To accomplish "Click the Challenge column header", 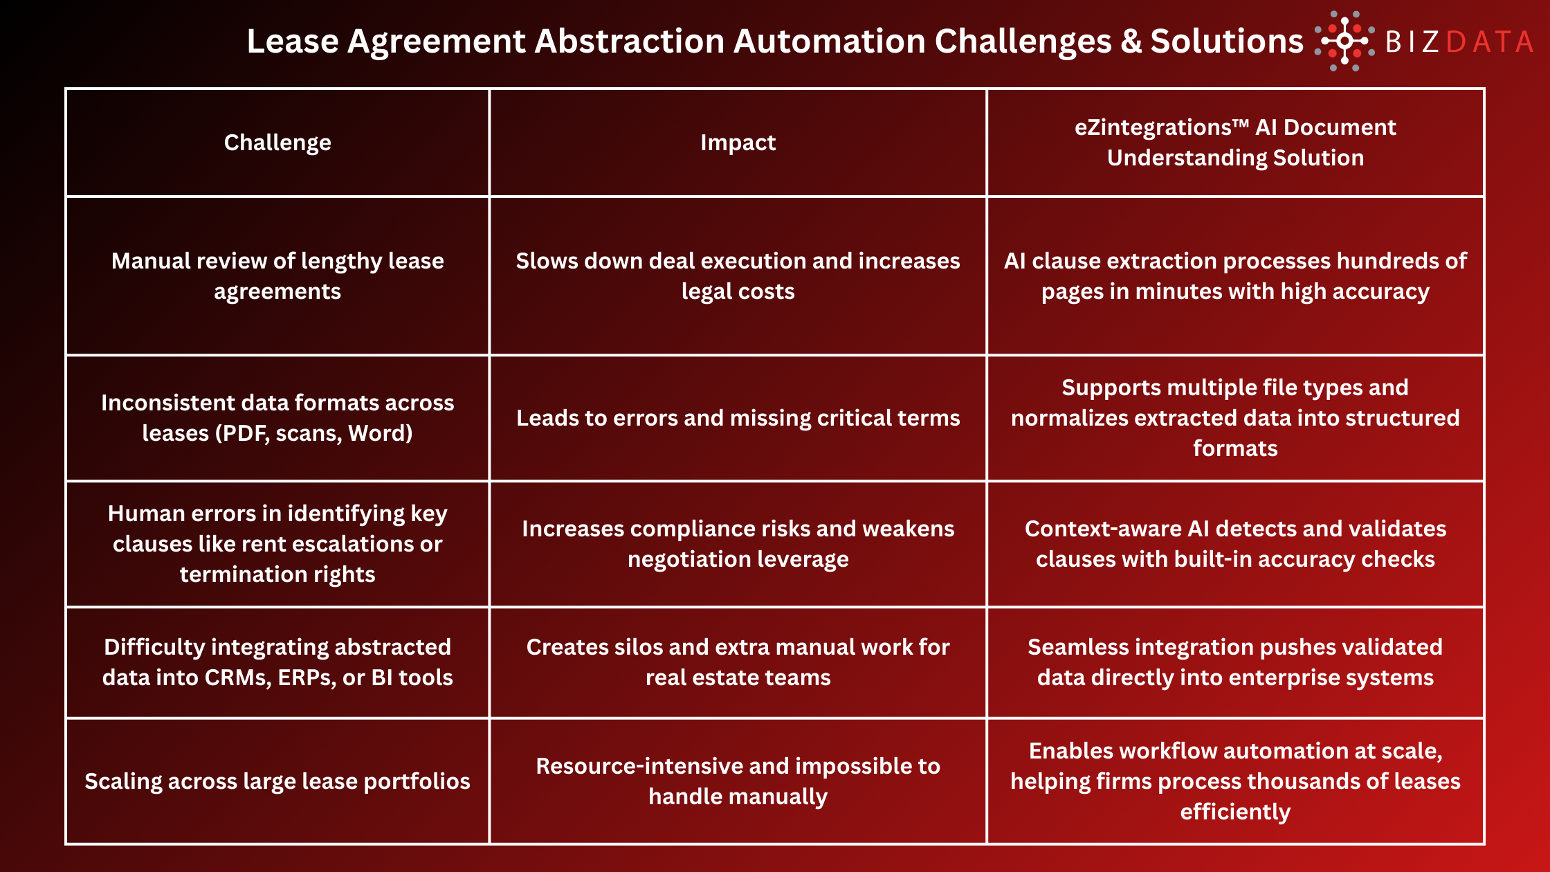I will click(277, 143).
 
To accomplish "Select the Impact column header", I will click(738, 143).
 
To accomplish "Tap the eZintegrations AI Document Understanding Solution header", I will click(1235, 143).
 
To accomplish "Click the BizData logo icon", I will click(1344, 41).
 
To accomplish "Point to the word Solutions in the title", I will click(1226, 42).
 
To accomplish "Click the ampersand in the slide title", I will click(1131, 42).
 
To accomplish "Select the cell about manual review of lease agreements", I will click(277, 276).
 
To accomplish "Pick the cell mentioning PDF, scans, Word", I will click(277, 418).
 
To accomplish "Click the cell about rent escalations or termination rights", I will click(277, 544).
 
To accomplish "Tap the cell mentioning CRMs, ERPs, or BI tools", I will click(277, 662).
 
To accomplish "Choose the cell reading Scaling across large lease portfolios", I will click(277, 781).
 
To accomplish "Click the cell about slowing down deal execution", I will click(738, 276).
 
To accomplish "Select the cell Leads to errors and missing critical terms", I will click(738, 418).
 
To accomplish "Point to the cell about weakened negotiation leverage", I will click(738, 544).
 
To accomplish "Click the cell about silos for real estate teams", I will click(738, 662).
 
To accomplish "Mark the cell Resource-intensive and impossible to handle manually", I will click(738, 781).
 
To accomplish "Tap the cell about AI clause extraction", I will click(1235, 276).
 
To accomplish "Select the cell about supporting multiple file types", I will click(1235, 418).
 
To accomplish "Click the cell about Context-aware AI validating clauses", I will click(1235, 544).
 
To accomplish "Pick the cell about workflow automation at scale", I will click(1235, 781).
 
